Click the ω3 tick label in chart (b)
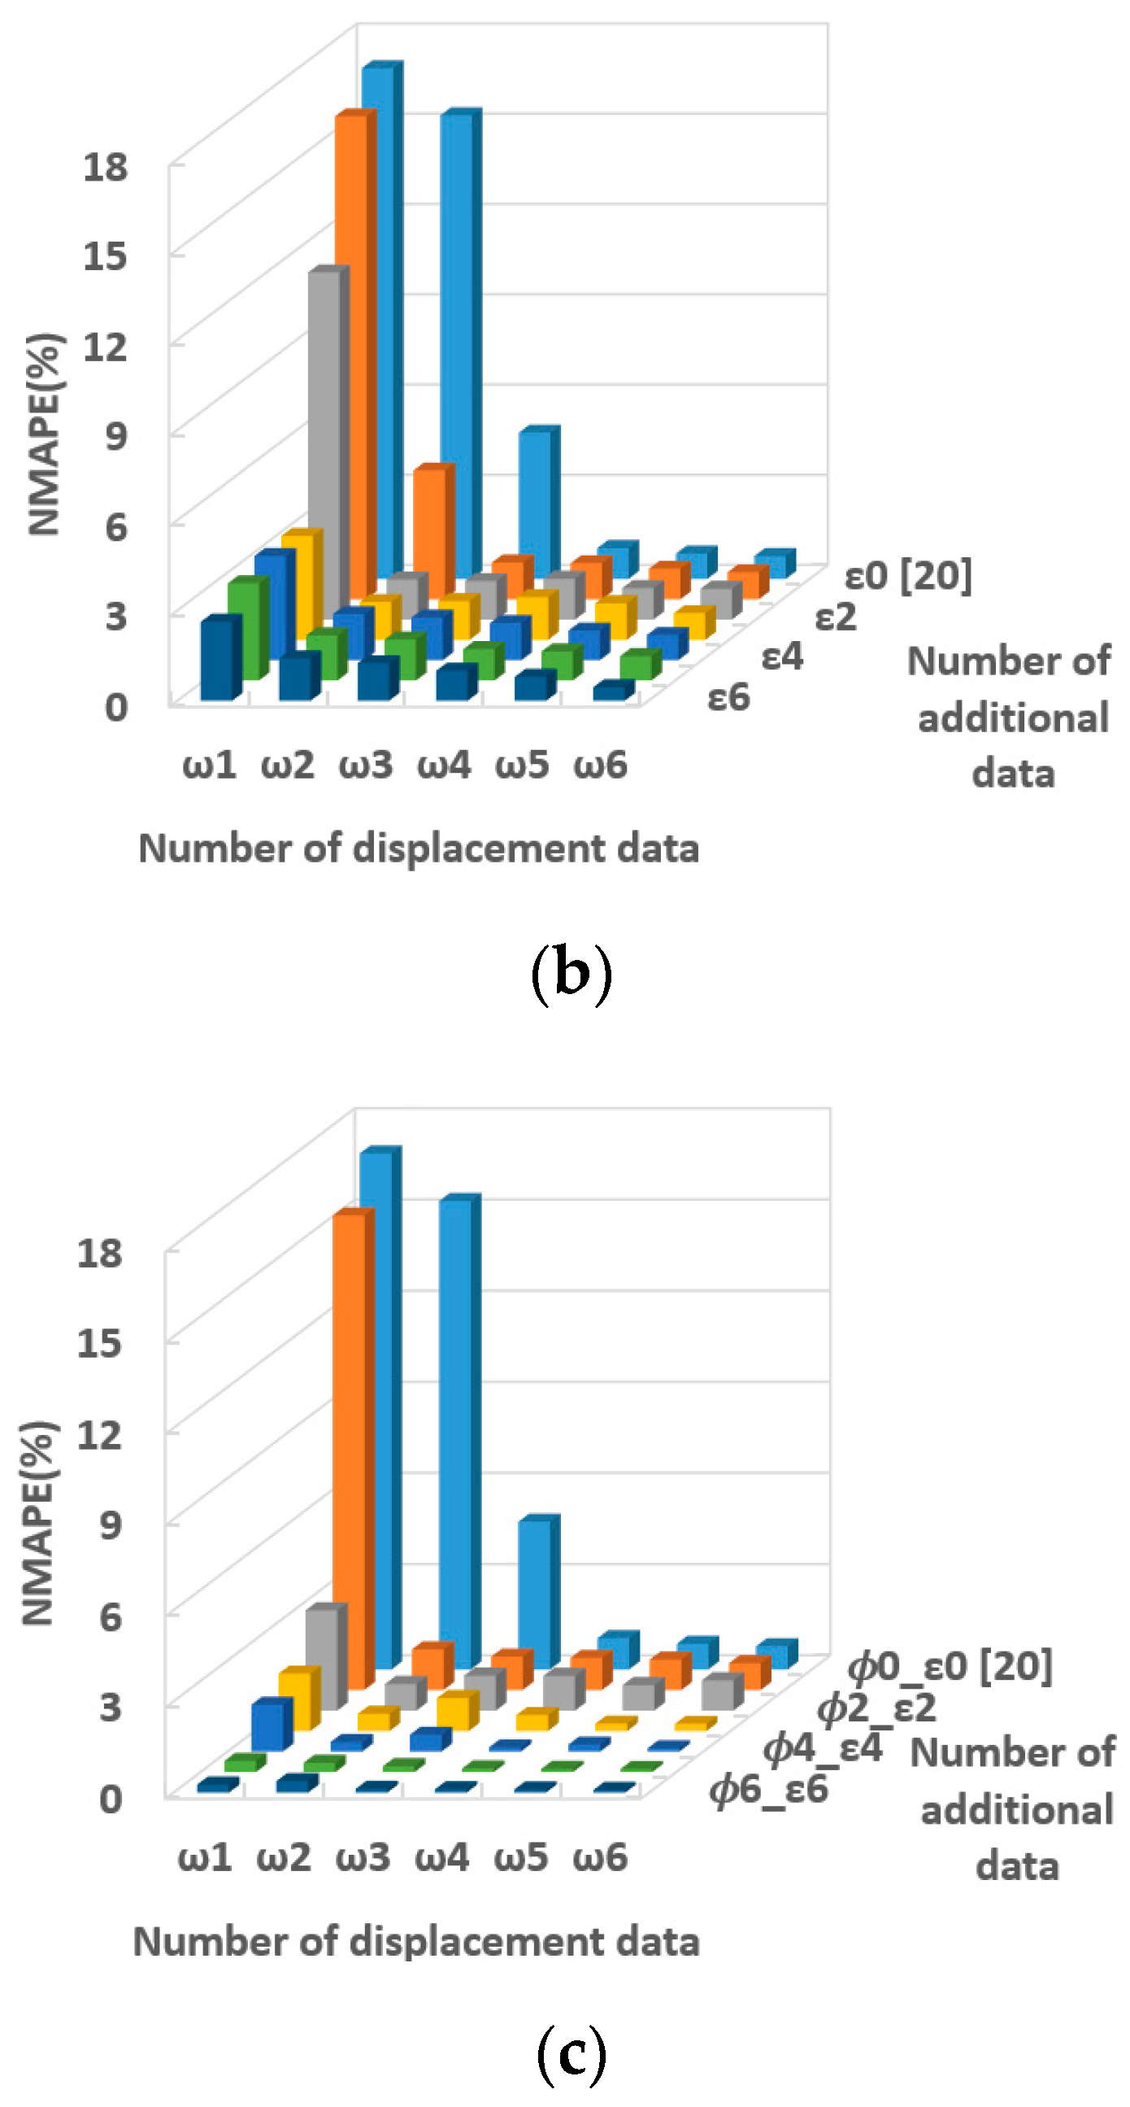point(366,766)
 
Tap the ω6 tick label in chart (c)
point(599,1857)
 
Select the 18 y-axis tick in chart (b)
point(106,167)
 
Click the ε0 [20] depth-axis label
point(908,576)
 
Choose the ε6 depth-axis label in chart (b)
point(728,698)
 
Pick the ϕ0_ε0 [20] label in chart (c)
point(950,1666)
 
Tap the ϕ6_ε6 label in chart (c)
point(768,1790)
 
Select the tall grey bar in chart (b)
point(324,442)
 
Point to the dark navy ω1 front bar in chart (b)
point(217,659)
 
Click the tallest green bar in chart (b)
point(243,630)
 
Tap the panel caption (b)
point(571,974)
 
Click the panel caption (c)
point(571,2056)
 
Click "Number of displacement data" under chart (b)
point(419,848)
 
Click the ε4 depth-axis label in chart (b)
point(782,657)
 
